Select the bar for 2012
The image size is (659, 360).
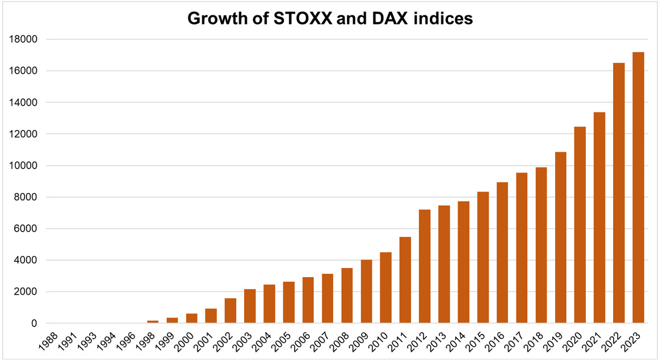[x=425, y=266]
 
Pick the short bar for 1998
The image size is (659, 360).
[x=153, y=322]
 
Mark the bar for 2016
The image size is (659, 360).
[x=502, y=253]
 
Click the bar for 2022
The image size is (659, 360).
[x=619, y=193]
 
